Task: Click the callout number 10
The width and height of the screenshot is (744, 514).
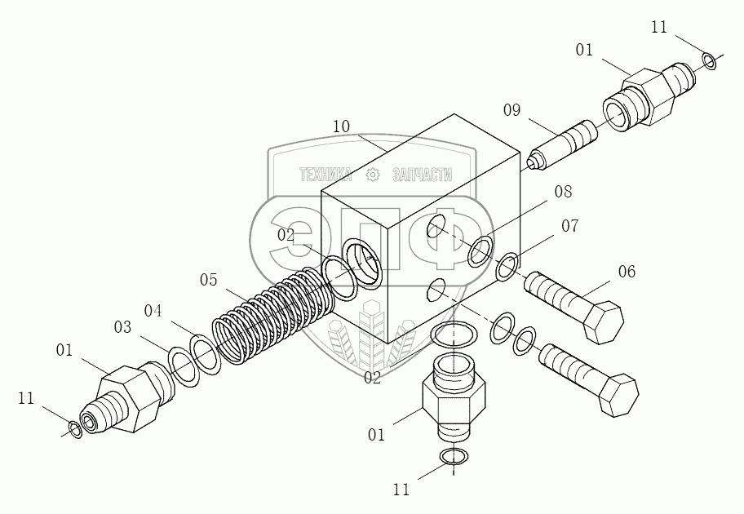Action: click(341, 126)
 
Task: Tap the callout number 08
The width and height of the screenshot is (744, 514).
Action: click(563, 192)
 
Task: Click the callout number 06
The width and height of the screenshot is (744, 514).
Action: click(627, 271)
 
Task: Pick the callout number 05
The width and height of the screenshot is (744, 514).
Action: click(208, 280)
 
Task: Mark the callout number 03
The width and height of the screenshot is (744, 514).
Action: click(123, 327)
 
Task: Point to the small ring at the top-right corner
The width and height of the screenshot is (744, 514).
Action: click(709, 60)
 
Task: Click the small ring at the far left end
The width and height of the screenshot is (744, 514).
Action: click(74, 429)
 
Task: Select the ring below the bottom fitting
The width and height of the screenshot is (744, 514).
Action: click(450, 459)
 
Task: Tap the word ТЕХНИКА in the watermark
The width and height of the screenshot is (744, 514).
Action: click(325, 175)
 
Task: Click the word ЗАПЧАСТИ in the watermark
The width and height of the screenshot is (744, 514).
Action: click(422, 175)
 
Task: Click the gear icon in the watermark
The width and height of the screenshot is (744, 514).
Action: click(373, 175)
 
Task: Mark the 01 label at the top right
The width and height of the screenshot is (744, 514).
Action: click(584, 50)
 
